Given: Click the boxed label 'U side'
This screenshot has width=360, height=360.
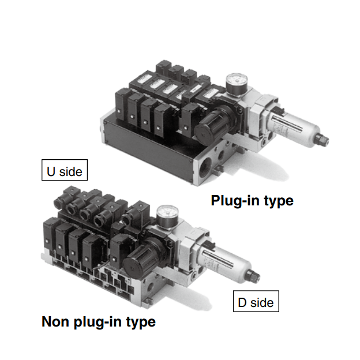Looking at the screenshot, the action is (x=64, y=171).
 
